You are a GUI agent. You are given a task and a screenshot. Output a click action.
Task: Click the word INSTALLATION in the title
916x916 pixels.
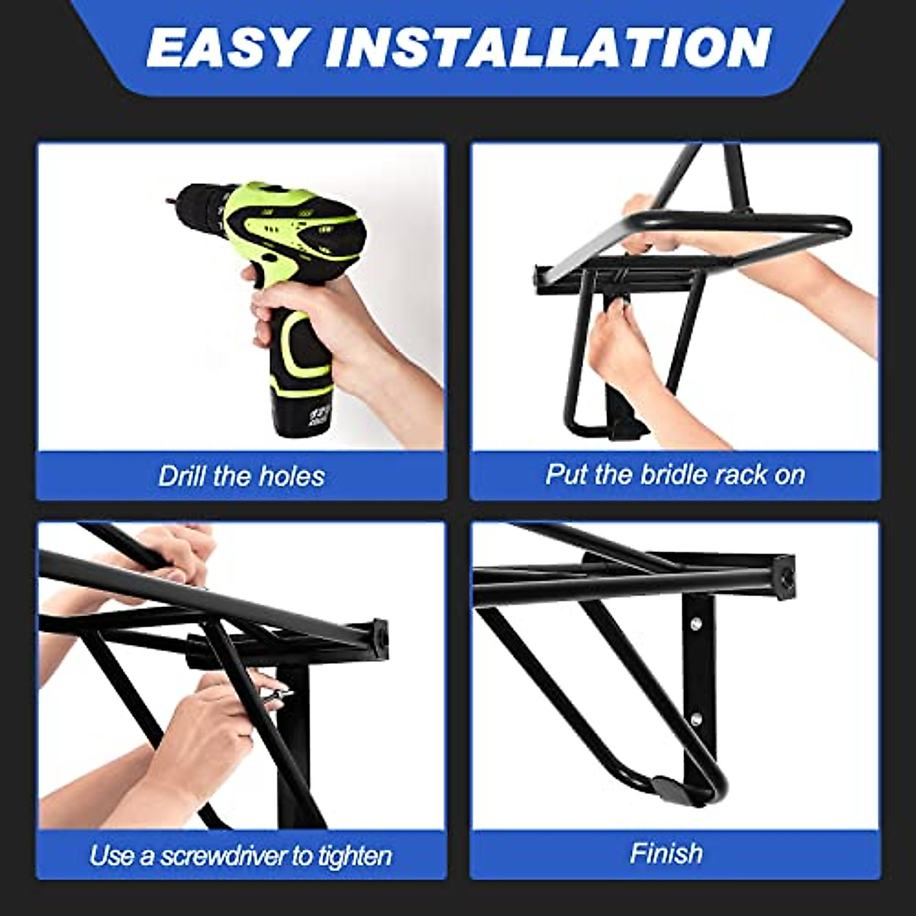click(547, 47)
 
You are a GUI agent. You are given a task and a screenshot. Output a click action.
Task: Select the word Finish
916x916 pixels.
click(666, 853)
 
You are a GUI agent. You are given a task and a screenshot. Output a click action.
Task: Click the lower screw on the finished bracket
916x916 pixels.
click(695, 718)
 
